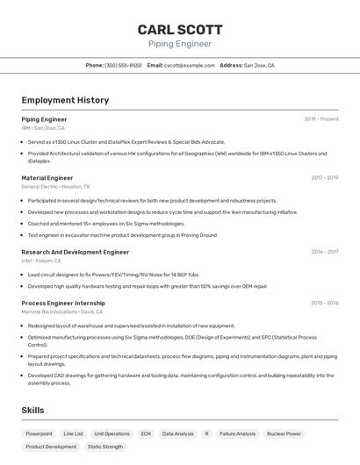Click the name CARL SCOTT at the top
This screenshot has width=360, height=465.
180,29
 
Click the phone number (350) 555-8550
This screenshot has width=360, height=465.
123,65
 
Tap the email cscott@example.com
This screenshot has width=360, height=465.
189,65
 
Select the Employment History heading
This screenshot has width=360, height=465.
65,100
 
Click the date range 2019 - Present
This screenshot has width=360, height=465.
320,119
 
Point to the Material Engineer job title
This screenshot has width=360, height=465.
47,177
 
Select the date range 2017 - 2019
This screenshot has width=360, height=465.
324,177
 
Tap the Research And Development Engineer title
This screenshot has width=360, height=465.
75,252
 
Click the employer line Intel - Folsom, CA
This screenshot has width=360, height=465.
41,261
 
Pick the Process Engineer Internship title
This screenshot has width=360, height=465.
63,303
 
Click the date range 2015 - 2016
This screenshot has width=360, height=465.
324,303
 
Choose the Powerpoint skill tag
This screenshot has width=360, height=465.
39,433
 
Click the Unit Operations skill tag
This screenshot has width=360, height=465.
112,433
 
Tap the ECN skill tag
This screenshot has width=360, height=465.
146,433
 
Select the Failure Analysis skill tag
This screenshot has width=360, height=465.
237,433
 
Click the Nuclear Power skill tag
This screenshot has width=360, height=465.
284,433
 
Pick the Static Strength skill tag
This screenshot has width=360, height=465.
105,447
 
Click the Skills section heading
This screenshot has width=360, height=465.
33,410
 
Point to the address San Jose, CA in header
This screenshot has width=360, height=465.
259,65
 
